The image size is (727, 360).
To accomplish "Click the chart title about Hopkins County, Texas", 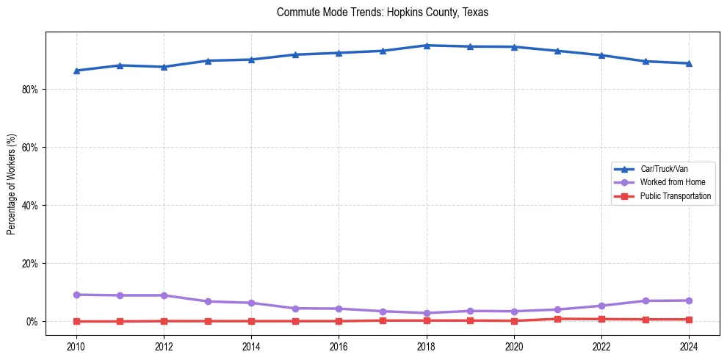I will (382, 12).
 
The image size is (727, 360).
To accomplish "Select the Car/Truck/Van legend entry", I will (663, 169).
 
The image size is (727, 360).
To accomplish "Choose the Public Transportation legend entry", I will (675, 196).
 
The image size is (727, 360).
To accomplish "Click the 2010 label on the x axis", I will (76, 345).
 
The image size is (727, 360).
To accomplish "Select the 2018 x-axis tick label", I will (427, 345).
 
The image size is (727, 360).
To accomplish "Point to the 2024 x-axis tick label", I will (689, 345).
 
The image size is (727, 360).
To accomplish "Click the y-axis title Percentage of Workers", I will (12, 184).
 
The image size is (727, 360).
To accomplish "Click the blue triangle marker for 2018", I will (427, 46).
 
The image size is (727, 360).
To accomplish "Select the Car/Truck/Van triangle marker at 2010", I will (76, 71).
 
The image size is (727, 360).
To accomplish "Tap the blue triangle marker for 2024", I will (689, 63).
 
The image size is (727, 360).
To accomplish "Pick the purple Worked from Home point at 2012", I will (164, 295).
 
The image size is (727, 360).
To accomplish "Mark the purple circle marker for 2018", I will (427, 313).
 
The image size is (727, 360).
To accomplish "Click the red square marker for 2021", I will (558, 319).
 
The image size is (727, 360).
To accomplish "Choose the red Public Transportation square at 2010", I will (76, 321).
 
